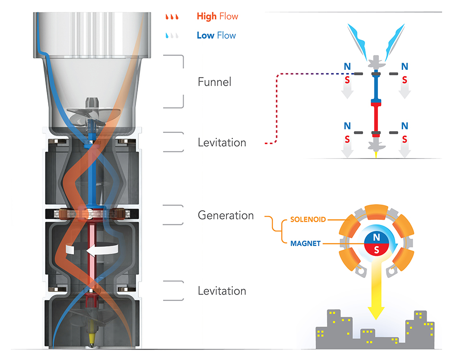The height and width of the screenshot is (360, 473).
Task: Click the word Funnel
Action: [214, 82]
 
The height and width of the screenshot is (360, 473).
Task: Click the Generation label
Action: [226, 215]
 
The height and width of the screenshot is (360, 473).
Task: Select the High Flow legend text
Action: [217, 17]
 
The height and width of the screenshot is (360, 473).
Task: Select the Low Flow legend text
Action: [216, 35]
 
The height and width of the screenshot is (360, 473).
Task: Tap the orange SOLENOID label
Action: [309, 219]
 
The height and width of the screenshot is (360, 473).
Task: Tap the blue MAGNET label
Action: [305, 243]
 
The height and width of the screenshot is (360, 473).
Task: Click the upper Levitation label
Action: [222, 142]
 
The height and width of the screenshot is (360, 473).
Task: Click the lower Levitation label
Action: [222, 291]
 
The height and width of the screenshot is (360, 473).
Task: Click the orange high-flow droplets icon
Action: [173, 17]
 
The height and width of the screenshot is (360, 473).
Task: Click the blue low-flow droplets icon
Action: [173, 36]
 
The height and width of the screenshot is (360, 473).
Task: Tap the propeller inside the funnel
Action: [90, 113]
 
